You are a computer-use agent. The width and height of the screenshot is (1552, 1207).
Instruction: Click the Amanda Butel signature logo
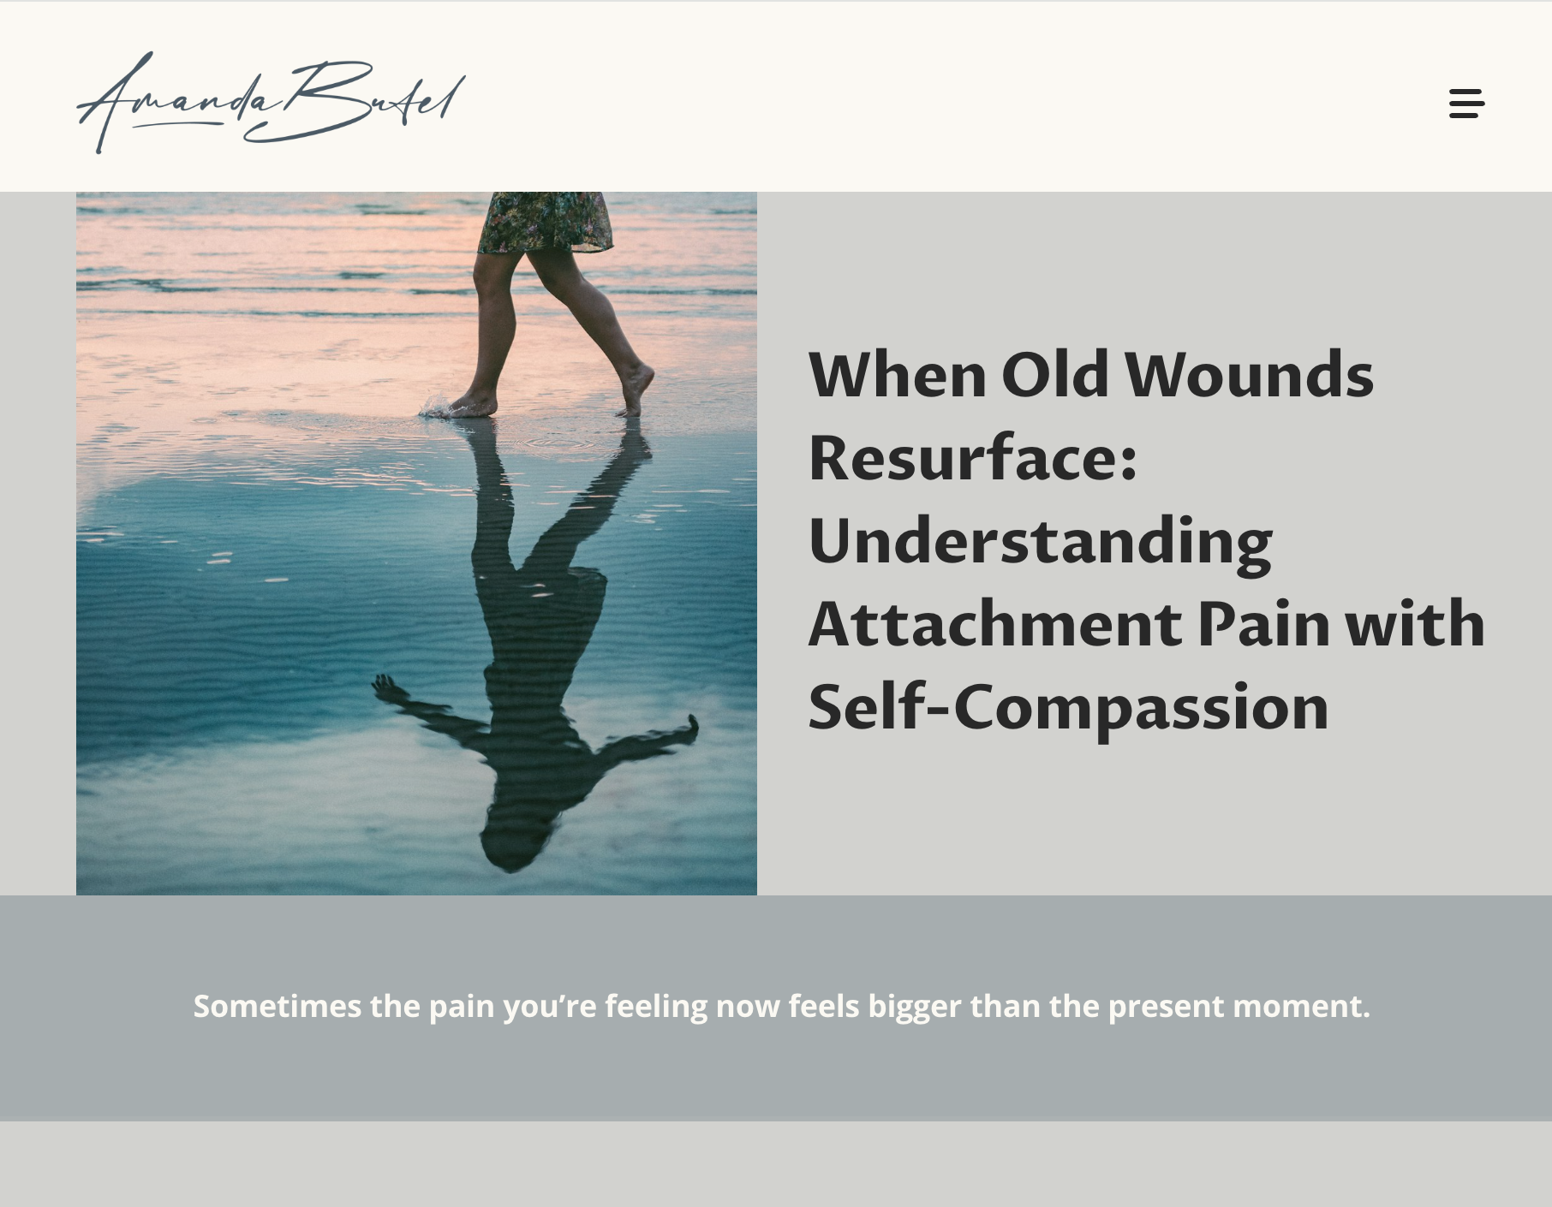tap(272, 102)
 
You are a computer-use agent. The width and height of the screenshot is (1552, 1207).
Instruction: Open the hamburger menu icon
tap(1466, 104)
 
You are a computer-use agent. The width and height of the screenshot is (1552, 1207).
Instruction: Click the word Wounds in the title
tap(1249, 375)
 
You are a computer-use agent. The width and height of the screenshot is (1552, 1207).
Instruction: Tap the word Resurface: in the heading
tap(972, 458)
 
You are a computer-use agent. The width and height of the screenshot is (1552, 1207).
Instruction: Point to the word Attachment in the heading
tap(995, 624)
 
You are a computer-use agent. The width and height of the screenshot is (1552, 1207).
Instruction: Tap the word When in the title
tap(898, 375)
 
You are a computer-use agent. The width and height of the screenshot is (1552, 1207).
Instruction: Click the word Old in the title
tap(1055, 375)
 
